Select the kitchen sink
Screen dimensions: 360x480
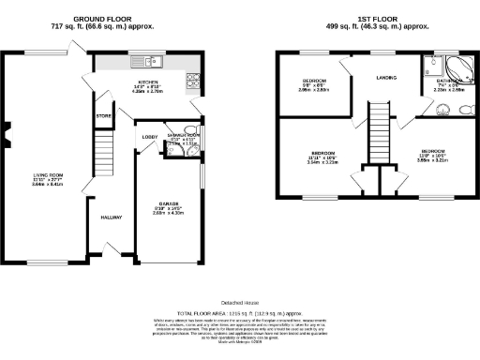(x=156, y=63)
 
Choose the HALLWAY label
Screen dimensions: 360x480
(x=112, y=217)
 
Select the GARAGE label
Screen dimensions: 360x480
(x=166, y=208)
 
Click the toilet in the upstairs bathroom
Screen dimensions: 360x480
(x=465, y=109)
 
